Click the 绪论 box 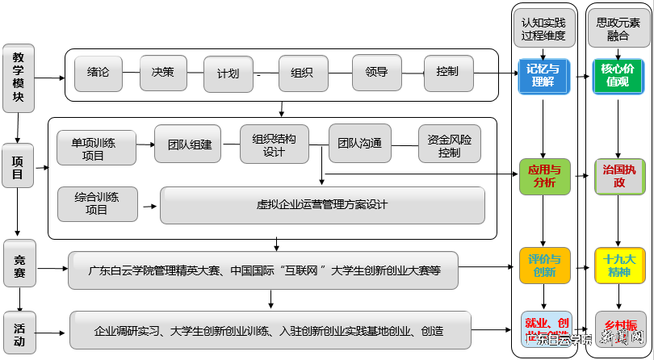pos(98,72)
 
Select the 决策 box pos(162,72)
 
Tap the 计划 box pos(228,73)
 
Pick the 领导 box pos(376,72)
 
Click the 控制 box pos(446,72)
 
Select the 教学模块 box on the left pos(18,77)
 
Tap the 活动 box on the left pos(18,333)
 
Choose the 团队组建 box pos(189,144)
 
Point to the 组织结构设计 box pos(274,144)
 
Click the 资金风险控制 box pos(449,144)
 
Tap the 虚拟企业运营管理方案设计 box pos(322,205)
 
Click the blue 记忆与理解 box pos(543,75)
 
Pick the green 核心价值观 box pos(618,75)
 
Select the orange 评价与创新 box pos(543,266)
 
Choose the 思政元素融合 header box pos(618,30)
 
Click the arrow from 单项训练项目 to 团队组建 pos(145,145)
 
